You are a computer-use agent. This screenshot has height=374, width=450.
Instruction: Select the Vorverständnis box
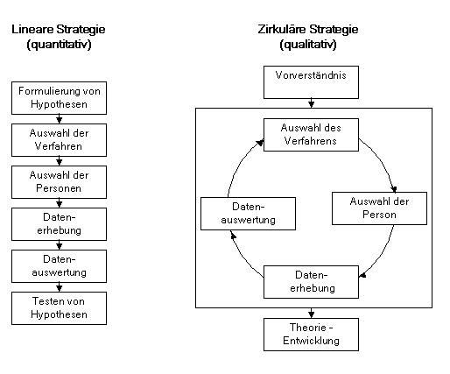[311, 81]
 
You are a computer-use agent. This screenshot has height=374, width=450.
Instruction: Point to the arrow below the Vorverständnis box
[311, 103]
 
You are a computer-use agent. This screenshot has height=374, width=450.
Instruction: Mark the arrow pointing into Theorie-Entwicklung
[311, 313]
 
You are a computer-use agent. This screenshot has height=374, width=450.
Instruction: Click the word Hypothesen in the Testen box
[54, 314]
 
